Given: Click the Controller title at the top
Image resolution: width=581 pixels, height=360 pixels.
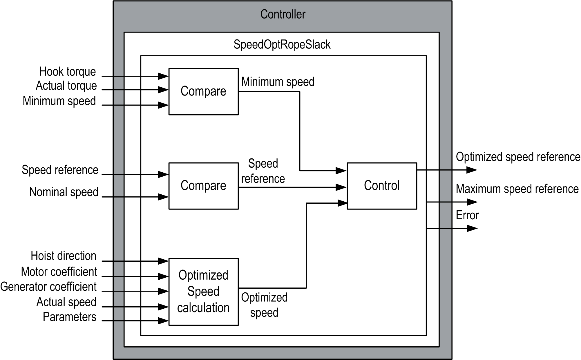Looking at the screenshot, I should tap(283, 14).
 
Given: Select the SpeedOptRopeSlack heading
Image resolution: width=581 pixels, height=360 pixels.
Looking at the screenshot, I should tap(282, 45).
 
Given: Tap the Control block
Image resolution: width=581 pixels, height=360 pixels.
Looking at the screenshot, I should tap(382, 186).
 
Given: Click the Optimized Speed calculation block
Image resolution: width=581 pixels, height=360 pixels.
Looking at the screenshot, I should tap(203, 292).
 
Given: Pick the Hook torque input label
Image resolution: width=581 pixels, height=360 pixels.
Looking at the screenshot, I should tap(68, 72).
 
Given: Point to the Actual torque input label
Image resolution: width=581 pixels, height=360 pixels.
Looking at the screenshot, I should tap(66, 86).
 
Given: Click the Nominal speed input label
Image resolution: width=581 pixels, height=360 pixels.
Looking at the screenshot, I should tap(64, 192).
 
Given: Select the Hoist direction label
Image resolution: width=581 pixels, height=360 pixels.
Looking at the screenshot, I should tap(64, 256).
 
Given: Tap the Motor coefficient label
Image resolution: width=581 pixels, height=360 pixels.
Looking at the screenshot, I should tap(59, 272).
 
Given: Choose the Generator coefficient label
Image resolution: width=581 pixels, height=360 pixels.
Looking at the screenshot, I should tap(48, 287).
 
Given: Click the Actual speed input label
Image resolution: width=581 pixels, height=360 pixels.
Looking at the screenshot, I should tap(66, 302).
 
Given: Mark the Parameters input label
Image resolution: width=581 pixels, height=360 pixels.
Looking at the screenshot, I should tap(70, 317).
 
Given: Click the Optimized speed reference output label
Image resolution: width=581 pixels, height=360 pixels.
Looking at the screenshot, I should tap(518, 157).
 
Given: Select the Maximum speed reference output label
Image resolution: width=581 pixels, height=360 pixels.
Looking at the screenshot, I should tap(517, 189).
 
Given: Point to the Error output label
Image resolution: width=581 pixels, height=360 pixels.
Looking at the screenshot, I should tap(467, 215).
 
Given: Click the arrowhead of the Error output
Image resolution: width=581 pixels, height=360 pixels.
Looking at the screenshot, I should tap(472, 229).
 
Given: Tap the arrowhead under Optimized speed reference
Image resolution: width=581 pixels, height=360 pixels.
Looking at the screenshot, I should tap(472, 170).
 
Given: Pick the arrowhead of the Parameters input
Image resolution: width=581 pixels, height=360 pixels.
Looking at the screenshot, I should tap(163, 321).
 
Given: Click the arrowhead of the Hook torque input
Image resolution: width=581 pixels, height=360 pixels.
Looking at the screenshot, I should tap(163, 76).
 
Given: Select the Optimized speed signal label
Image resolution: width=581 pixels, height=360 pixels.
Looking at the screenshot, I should tap(264, 305).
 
